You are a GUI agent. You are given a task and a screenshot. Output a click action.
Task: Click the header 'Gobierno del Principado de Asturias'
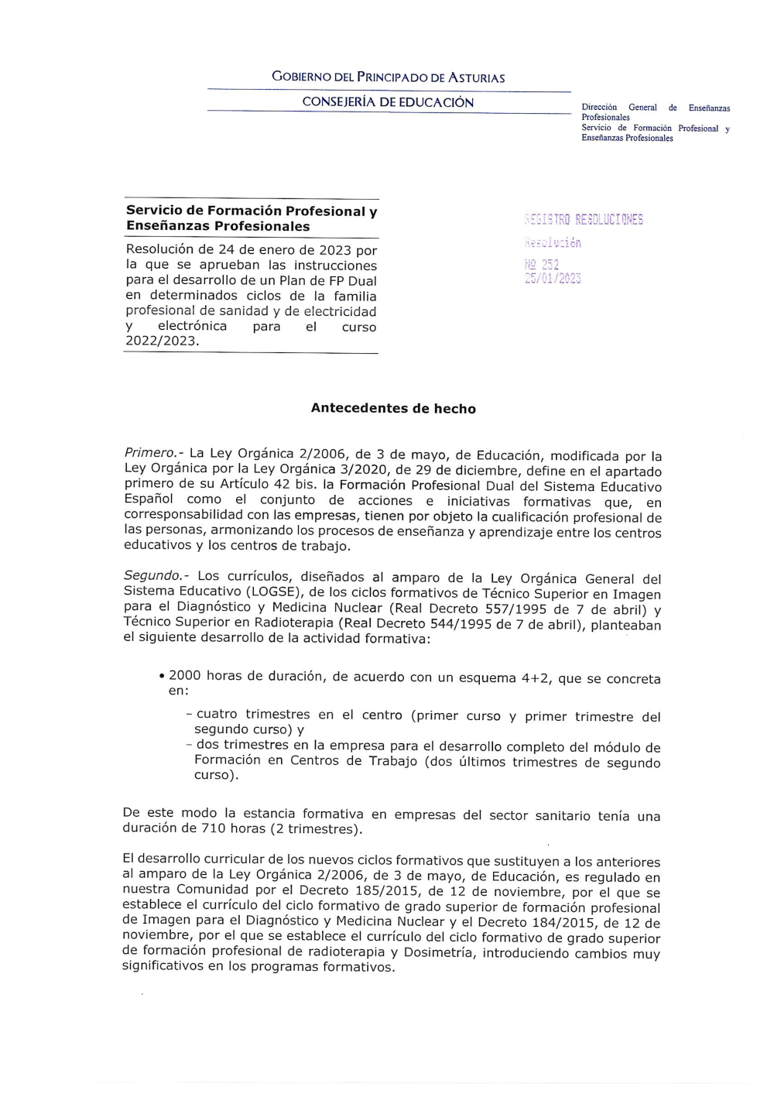point(388,77)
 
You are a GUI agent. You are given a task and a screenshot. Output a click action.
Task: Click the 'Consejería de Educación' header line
point(388,102)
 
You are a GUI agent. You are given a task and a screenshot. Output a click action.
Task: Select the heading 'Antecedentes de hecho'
point(393,408)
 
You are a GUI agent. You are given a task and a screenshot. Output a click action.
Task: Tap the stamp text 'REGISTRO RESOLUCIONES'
point(584,219)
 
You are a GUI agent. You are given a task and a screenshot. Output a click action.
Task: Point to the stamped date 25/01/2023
point(553,279)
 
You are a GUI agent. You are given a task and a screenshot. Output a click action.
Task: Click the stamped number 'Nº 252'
point(542,265)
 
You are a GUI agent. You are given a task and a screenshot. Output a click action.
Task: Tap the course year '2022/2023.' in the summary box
point(162,341)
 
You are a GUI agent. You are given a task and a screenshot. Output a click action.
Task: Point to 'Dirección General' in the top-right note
point(618,108)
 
